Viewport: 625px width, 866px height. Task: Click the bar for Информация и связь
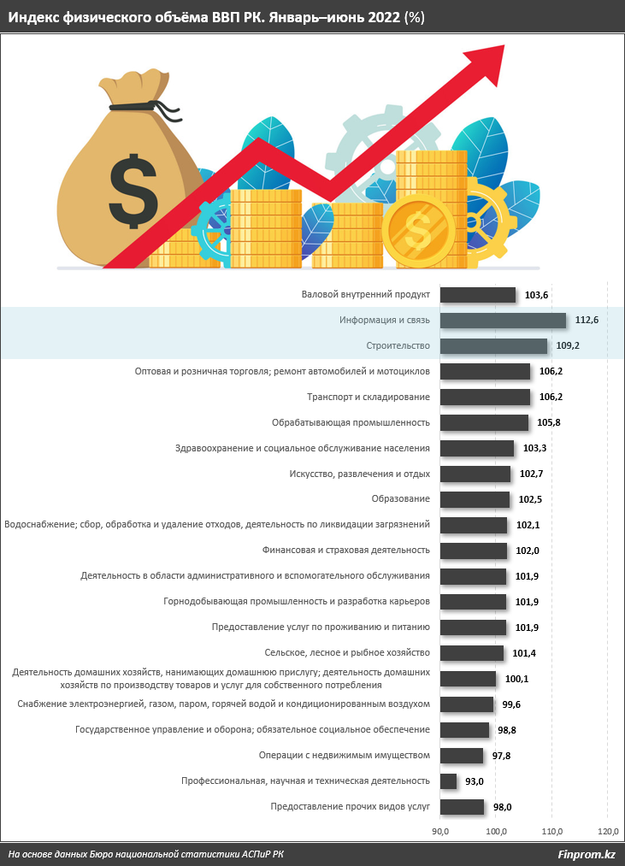click(503, 321)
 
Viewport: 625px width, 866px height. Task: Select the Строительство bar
click(493, 346)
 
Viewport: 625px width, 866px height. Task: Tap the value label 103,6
click(536, 296)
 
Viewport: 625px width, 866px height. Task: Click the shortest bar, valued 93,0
click(448, 781)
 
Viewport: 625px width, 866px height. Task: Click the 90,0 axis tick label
click(441, 831)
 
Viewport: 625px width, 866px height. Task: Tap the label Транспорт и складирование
click(368, 398)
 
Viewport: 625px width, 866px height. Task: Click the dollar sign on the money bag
click(133, 189)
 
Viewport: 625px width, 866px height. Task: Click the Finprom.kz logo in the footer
click(587, 854)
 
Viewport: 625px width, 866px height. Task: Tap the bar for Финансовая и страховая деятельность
click(474, 551)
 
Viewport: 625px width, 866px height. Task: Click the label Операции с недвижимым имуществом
click(344, 755)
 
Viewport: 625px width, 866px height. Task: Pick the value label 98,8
click(508, 730)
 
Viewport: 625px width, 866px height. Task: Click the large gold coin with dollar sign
click(420, 230)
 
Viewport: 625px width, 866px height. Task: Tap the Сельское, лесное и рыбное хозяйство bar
click(472, 653)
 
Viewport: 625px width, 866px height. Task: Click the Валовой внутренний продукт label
click(365, 295)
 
